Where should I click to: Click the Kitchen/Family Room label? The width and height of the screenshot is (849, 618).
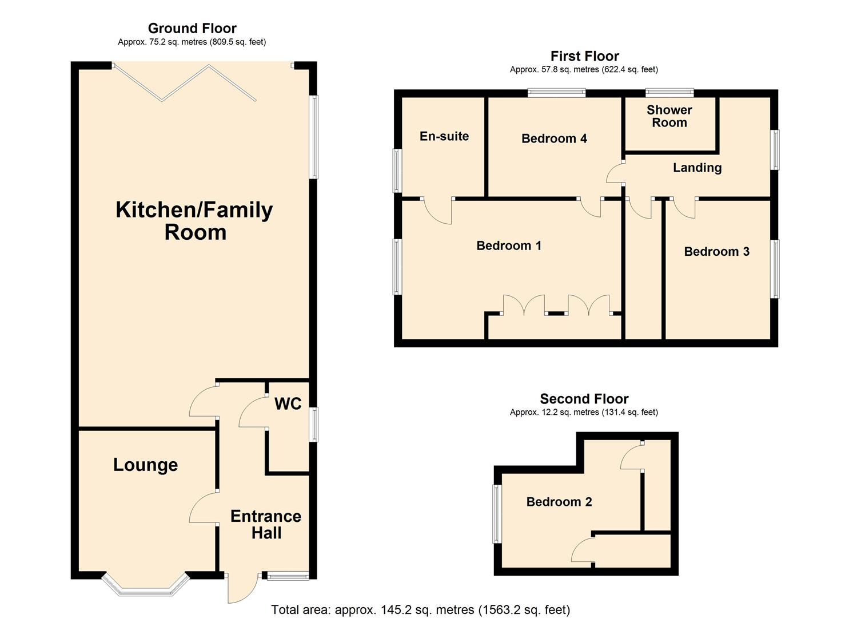coord(194,221)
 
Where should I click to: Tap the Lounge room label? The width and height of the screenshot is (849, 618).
coord(145,465)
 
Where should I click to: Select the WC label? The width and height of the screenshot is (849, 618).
coord(288,404)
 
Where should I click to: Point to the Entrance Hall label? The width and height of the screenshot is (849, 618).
coord(266,525)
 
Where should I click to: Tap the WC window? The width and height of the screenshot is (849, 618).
coord(313,425)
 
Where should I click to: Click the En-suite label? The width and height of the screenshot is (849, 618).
coord(444,136)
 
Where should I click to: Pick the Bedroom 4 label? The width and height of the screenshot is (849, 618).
coord(554,138)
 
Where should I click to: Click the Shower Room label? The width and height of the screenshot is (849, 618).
coord(669,116)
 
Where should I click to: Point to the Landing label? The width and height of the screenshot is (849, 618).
coord(697,168)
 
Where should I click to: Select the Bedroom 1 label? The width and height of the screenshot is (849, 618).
coord(509,246)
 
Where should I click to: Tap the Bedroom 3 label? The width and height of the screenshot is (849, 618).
coord(716,252)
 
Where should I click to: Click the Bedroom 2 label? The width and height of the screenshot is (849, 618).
coord(559,502)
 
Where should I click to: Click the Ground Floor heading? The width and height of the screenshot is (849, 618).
coord(192,28)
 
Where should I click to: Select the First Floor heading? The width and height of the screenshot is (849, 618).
coord(584,56)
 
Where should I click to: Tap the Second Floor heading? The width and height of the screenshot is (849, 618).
coord(584,399)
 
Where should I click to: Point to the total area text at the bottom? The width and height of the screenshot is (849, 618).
coord(420,609)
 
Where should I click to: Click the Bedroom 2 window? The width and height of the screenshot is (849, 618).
coord(497,514)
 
